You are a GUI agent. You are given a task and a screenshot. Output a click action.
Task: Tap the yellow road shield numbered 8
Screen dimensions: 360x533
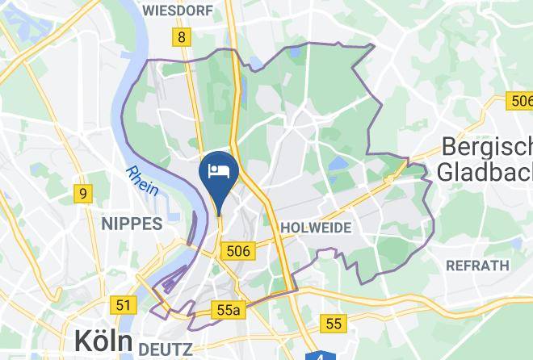(183, 36)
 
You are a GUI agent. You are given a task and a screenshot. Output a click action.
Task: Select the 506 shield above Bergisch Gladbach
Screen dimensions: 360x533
(521, 100)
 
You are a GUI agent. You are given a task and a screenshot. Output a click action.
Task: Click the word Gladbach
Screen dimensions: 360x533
(483, 171)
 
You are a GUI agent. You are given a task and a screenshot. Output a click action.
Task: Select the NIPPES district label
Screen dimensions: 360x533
(131, 224)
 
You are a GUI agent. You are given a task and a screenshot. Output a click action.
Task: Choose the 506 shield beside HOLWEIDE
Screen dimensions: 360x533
(239, 251)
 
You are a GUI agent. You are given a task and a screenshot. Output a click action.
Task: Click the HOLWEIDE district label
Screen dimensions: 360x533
(316, 228)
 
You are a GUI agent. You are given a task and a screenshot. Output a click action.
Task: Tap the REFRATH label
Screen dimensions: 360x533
(478, 265)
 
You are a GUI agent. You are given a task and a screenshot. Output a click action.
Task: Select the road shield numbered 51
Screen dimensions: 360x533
(124, 305)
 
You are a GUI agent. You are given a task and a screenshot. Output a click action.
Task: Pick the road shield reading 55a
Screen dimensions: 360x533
(229, 310)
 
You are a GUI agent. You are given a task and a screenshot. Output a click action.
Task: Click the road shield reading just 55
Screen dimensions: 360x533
(334, 324)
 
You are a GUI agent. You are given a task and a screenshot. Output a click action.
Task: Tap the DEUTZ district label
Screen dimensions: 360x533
(166, 349)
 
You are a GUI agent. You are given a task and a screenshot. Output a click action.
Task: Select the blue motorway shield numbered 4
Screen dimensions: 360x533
(321, 356)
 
